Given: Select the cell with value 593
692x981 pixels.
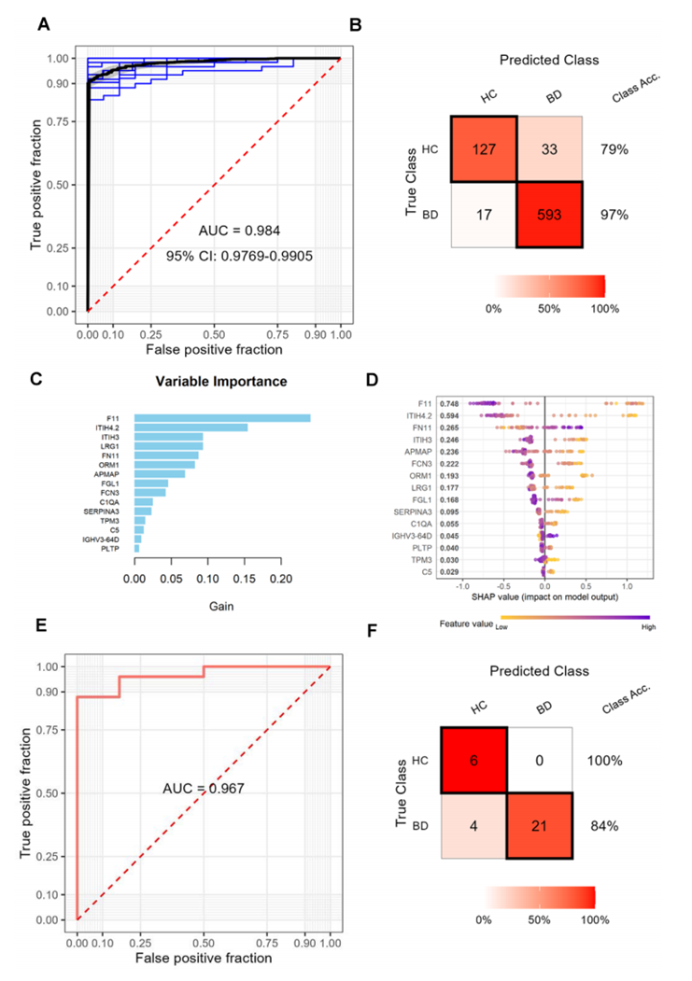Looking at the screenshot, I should click(x=549, y=214).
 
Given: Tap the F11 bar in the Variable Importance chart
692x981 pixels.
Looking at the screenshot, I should click(x=222, y=418).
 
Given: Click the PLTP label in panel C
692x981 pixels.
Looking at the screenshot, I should click(x=108, y=549).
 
